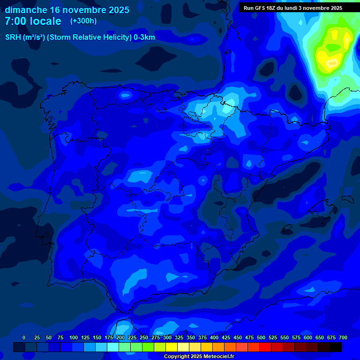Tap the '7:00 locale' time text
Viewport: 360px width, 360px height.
pyautogui.click(x=33, y=21)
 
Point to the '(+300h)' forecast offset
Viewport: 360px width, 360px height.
pyautogui.click(x=83, y=21)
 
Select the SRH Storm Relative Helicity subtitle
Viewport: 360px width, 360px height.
pyautogui.click(x=80, y=37)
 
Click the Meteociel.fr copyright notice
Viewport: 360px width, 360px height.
pyautogui.click(x=199, y=357)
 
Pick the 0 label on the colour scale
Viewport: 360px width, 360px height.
pyautogui.click(x=24, y=337)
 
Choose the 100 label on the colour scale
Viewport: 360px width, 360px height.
pyautogui.click(x=74, y=337)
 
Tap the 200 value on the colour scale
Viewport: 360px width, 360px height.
pyautogui.click(x=120, y=337)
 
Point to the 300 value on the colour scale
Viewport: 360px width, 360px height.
pyautogui.click(x=167, y=337)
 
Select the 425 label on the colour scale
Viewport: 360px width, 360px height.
pyautogui.click(x=226, y=337)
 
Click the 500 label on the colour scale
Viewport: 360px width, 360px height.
pyautogui.click(x=261, y=337)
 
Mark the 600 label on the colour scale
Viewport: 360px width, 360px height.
pyautogui.click(x=308, y=337)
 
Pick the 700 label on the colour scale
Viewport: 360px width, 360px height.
pyautogui.click(x=343, y=337)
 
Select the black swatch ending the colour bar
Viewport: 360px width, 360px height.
pyautogui.click(x=336, y=347)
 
